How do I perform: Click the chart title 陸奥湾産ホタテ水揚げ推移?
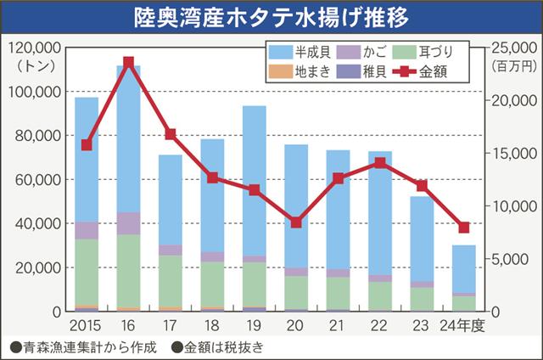tap(271, 17)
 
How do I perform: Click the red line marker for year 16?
tap(128, 62)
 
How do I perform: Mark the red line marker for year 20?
tap(296, 222)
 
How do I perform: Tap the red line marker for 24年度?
tap(463, 228)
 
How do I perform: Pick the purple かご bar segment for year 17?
tap(171, 250)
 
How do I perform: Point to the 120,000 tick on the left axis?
tap(34, 48)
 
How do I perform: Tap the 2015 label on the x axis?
tap(87, 326)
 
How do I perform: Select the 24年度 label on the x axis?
tap(465, 326)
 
